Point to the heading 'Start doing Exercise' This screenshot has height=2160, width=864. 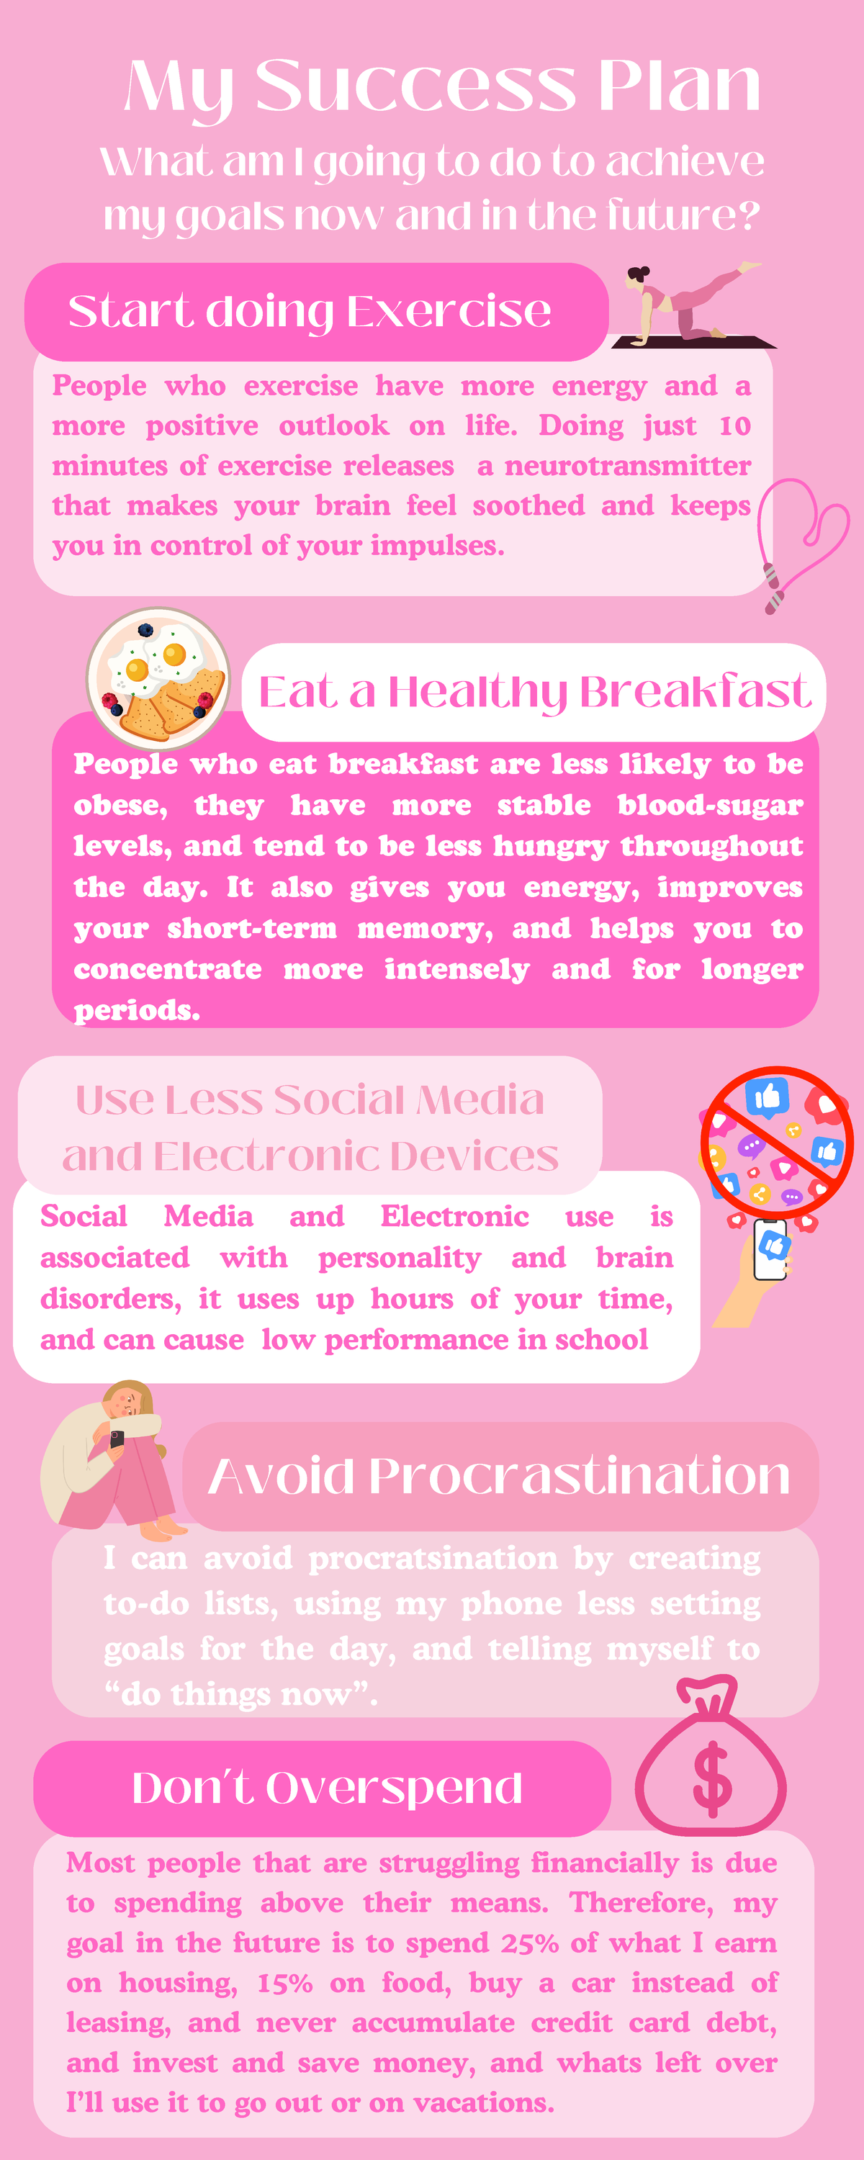[x=310, y=311]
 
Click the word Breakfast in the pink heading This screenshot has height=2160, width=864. [x=695, y=693]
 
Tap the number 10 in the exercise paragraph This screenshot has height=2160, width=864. [x=735, y=426]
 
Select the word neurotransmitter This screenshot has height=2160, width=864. [x=627, y=467]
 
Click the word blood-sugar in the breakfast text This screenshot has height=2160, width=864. [x=711, y=806]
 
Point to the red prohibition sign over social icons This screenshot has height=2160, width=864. [x=777, y=1143]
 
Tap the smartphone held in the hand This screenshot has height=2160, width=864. [x=770, y=1249]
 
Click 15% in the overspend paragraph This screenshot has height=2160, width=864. [x=284, y=1983]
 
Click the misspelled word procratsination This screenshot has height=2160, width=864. [x=433, y=1559]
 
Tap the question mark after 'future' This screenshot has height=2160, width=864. [x=747, y=215]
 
